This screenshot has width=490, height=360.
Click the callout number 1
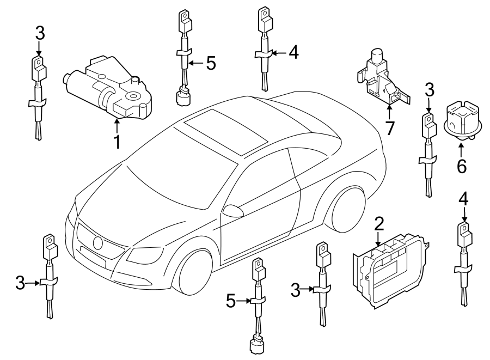coord(117,143)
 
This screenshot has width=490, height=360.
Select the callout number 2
coord(379,224)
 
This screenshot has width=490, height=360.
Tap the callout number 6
coord(461,166)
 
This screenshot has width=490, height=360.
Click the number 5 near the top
coord(210,63)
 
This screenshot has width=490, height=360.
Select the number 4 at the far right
coord(463,199)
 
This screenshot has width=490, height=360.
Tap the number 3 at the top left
coord(39,33)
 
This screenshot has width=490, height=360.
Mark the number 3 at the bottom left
coord(20,282)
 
